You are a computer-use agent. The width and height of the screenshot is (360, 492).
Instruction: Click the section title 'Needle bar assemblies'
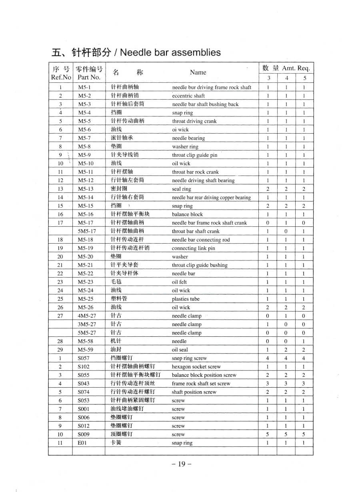click(x=170, y=52)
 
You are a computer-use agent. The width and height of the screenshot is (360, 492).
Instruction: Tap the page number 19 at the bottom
click(x=182, y=464)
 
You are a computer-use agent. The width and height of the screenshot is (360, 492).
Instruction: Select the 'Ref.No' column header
click(x=61, y=77)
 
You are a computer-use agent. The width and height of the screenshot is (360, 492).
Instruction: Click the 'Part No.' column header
click(x=89, y=77)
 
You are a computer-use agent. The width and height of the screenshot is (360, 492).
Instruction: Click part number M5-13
click(x=86, y=189)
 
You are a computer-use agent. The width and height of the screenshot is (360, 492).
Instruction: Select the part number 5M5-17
click(x=87, y=231)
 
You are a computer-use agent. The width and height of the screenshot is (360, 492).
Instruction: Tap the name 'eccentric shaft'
click(x=188, y=96)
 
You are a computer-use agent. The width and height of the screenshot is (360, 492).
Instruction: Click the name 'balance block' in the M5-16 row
click(x=187, y=214)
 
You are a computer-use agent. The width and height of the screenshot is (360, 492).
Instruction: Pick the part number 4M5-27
click(x=87, y=316)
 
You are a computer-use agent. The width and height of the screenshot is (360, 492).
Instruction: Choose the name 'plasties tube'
click(x=186, y=299)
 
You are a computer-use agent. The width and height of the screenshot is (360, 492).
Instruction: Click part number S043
click(x=84, y=384)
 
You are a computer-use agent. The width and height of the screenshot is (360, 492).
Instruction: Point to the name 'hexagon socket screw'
click(x=196, y=367)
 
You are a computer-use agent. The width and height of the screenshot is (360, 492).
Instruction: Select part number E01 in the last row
click(x=82, y=443)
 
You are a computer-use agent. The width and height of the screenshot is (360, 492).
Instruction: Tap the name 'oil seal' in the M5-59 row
click(x=180, y=350)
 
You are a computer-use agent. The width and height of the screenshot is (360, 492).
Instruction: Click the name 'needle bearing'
click(x=188, y=138)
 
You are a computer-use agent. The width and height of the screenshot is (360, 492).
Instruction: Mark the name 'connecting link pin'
click(x=193, y=248)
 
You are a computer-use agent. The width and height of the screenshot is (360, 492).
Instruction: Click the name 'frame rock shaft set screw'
click(x=201, y=384)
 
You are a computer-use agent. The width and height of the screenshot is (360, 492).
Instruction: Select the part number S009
click(x=84, y=434)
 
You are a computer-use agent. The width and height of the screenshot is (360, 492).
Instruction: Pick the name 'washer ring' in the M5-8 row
click(x=185, y=147)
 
